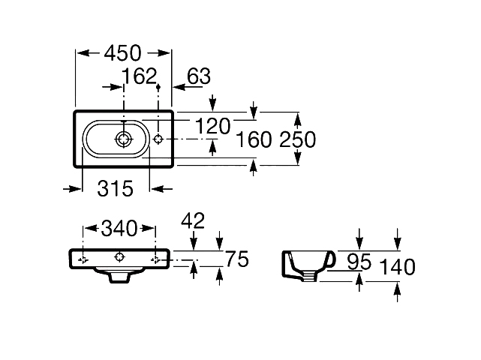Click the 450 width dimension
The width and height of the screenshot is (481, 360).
(x=124, y=53)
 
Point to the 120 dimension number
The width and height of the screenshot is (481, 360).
(x=213, y=127)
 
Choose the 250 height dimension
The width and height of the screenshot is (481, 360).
(x=298, y=139)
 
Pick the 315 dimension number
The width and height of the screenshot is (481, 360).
(x=115, y=189)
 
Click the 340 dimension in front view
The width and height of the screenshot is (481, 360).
(x=119, y=227)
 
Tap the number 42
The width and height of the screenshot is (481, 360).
(x=193, y=220)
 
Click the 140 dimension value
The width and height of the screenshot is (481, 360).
(x=398, y=268)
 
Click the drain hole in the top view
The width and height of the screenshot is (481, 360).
(x=124, y=139)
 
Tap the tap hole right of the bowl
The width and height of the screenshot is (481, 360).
(x=158, y=139)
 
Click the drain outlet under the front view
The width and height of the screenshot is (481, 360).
(x=119, y=276)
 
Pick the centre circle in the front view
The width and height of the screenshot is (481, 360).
(x=119, y=257)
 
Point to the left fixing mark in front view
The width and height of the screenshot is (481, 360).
(x=83, y=259)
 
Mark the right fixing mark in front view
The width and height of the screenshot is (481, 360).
(x=156, y=259)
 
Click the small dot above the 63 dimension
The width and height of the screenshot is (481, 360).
(x=158, y=88)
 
